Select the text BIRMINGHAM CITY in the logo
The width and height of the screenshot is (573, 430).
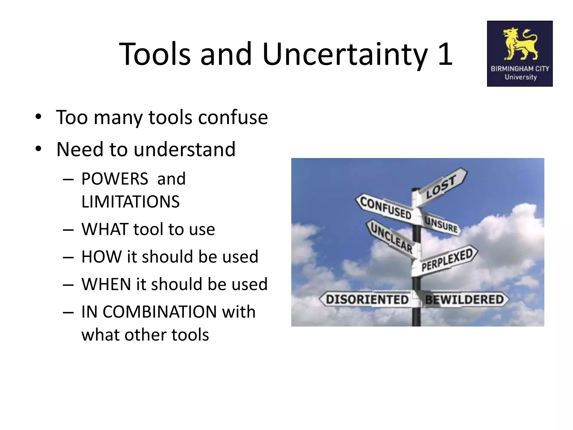520,69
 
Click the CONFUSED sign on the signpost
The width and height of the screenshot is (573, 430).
386,208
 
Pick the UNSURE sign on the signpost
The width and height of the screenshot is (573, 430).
441,225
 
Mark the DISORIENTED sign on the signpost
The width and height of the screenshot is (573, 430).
367,300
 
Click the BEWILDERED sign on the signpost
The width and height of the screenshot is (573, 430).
464,300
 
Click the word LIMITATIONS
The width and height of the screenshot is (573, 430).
130,202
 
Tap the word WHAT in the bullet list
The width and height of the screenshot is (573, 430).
105,229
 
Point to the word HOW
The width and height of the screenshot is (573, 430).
102,257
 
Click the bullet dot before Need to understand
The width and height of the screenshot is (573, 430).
38,149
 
